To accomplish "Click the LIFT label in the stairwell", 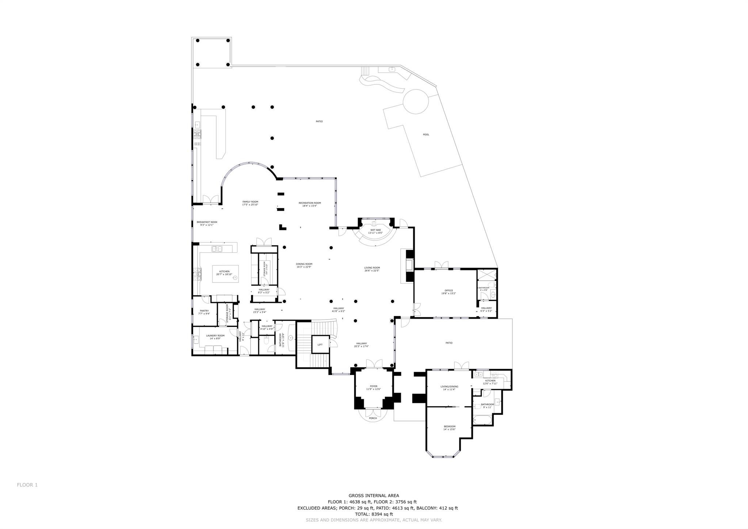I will pyautogui.click(x=320, y=344).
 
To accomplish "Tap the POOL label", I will pyautogui.click(x=426, y=135).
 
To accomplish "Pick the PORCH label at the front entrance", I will pyautogui.click(x=373, y=418).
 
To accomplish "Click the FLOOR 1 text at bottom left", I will pyautogui.click(x=27, y=485).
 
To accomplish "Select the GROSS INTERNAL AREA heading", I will pyautogui.click(x=374, y=496).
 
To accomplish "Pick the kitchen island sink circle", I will pyautogui.click(x=235, y=277).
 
